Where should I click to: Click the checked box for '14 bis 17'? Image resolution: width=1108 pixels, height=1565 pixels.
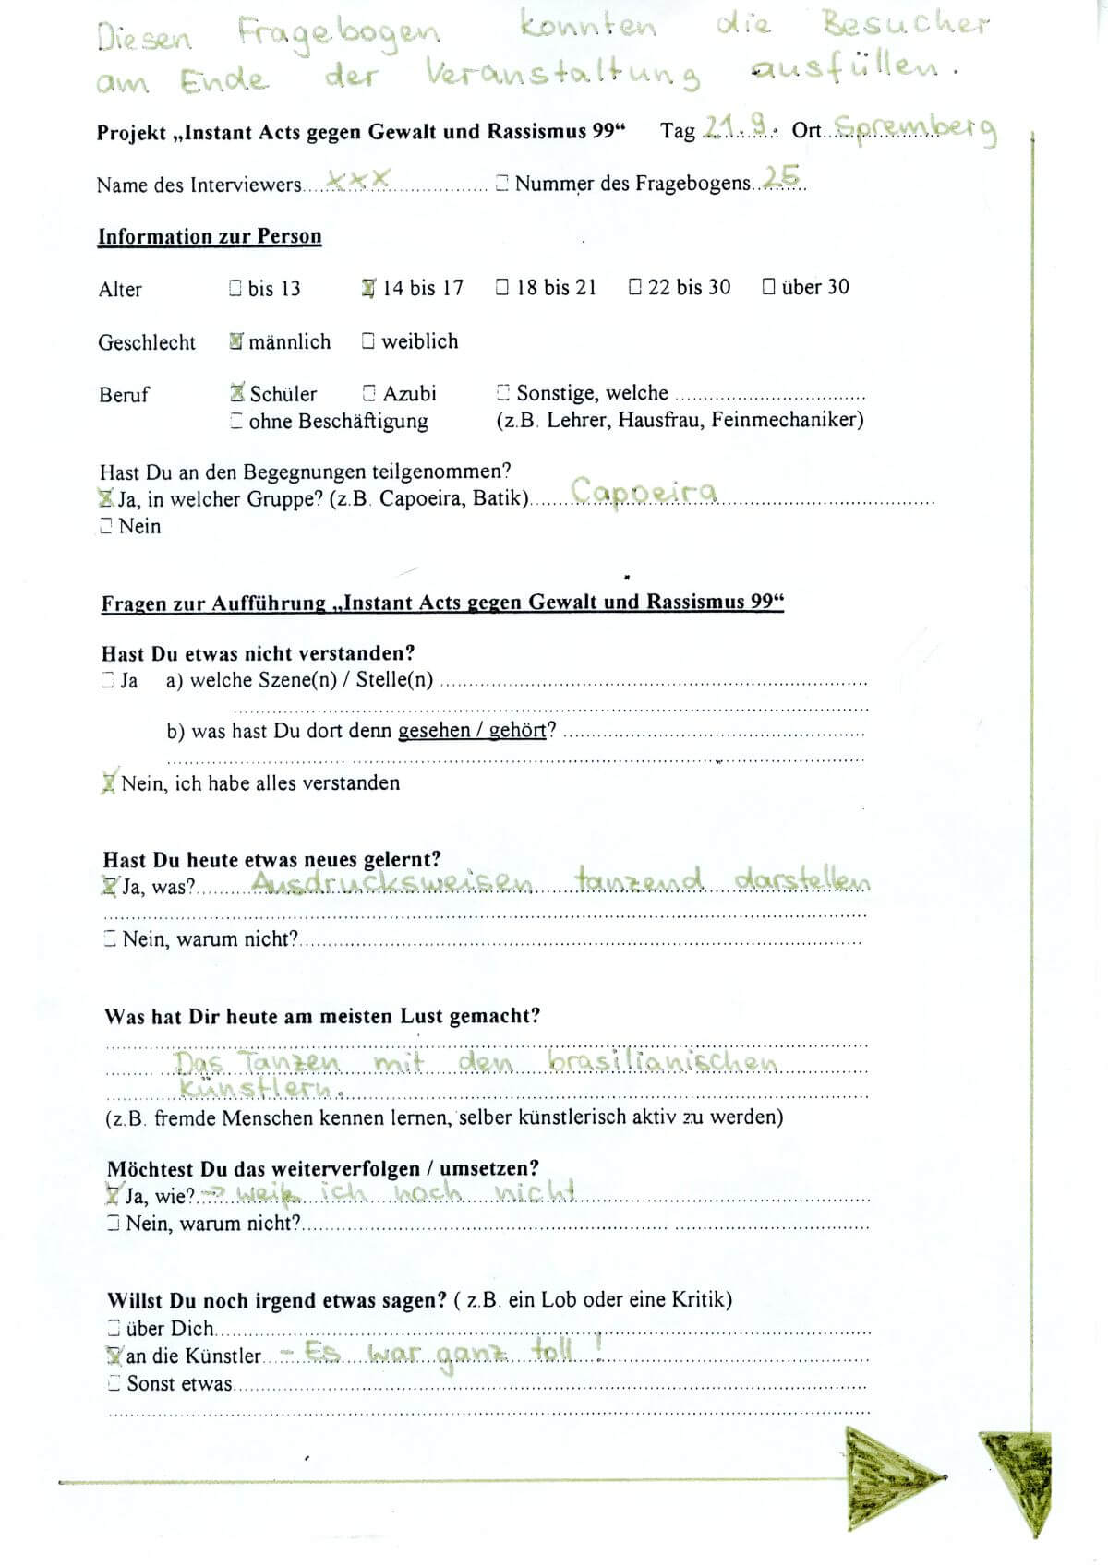pyautogui.click(x=368, y=288)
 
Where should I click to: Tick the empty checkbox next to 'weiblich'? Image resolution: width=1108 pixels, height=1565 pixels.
pyautogui.click(x=368, y=341)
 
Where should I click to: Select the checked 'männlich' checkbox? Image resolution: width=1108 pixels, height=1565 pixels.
pyautogui.click(x=236, y=341)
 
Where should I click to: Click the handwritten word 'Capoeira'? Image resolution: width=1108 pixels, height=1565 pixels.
pyautogui.click(x=644, y=491)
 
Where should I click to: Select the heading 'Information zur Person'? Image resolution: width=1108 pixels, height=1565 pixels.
pyautogui.click(x=210, y=236)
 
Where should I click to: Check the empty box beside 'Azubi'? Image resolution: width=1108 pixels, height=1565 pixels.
pyautogui.click(x=369, y=393)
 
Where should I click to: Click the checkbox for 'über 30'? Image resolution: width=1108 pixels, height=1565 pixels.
pyautogui.click(x=768, y=287)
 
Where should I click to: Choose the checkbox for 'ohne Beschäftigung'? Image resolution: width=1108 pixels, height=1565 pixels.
pyautogui.click(x=236, y=422)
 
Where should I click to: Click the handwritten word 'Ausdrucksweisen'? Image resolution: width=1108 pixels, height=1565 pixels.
pyautogui.click(x=391, y=883)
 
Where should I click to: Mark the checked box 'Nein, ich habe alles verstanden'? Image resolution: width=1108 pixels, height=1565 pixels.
pyautogui.click(x=109, y=783)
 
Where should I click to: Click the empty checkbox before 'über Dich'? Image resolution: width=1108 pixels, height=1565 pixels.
pyautogui.click(x=114, y=1328)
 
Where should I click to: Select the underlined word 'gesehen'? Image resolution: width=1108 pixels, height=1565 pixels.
pyautogui.click(x=434, y=731)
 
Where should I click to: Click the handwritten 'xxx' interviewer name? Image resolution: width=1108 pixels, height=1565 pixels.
pyautogui.click(x=360, y=179)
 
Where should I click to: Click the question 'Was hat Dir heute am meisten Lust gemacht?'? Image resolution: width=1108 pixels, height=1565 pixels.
pyautogui.click(x=322, y=1017)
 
